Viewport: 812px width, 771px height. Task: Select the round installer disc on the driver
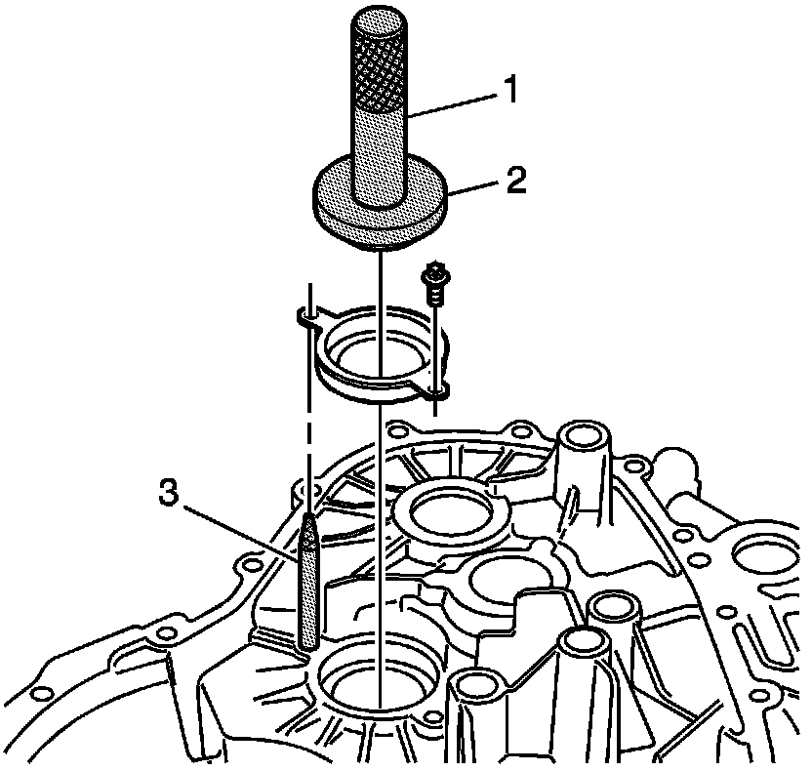tap(381, 211)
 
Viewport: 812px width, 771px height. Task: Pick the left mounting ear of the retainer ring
tap(304, 316)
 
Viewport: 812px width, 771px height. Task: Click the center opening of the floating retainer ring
tap(375, 349)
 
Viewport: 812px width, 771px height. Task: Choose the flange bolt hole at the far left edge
tap(42, 694)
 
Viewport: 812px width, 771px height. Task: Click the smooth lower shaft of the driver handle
tap(378, 151)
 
